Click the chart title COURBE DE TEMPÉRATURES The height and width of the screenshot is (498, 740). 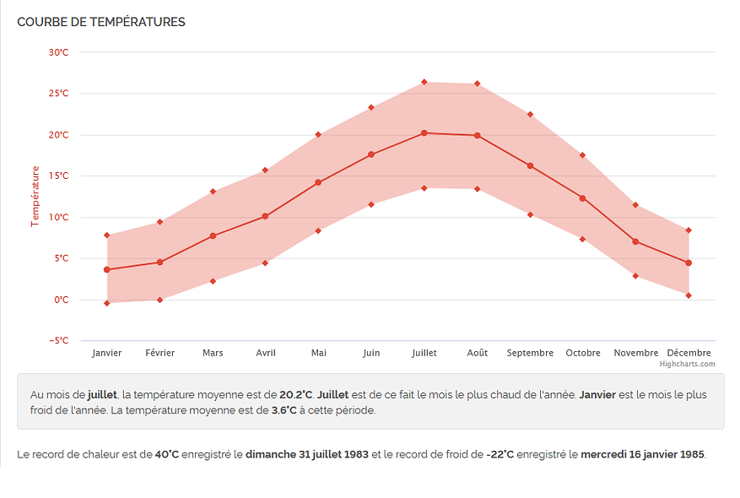[101, 22]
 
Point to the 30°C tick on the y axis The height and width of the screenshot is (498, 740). [58, 52]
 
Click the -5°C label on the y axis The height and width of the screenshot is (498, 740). [57, 341]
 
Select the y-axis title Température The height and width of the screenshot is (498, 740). [35, 196]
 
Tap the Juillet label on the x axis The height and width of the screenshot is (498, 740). [424, 353]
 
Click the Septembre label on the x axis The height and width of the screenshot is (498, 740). [530, 353]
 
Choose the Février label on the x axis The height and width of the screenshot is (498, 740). [159, 353]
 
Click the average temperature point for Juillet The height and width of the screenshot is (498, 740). [424, 133]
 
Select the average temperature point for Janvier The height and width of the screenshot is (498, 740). [107, 270]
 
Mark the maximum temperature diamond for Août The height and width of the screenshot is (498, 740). [477, 84]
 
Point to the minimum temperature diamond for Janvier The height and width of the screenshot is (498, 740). [107, 303]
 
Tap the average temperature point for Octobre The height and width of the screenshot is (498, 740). [583, 198]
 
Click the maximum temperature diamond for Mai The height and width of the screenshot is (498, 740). [318, 134]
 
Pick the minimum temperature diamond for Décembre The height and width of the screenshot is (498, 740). [689, 295]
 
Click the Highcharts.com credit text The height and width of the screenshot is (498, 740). [687, 365]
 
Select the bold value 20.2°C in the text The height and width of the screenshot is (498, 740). [296, 395]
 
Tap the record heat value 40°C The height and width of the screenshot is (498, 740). [168, 455]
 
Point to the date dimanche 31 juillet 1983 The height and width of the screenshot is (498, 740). [307, 455]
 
